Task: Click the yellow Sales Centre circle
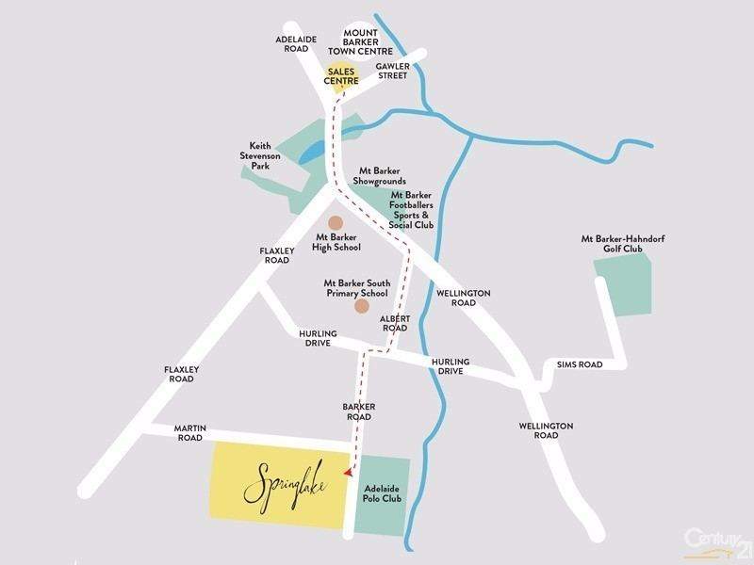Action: coord(342,76)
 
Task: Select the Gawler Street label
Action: coord(392,71)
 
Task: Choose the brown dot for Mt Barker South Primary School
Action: coord(362,306)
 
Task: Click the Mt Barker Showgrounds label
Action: coord(380,175)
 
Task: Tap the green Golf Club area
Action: coord(623,287)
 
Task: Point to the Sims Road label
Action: coord(579,364)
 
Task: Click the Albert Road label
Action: coord(395,323)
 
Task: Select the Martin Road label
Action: coord(188,432)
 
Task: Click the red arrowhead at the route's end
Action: coord(351,473)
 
